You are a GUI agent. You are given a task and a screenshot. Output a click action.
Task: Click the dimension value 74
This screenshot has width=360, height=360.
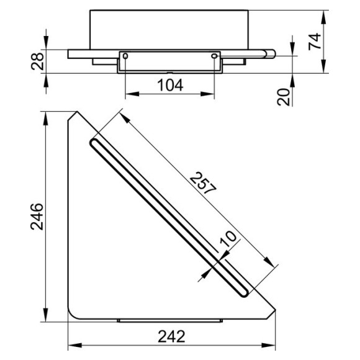[x=315, y=42]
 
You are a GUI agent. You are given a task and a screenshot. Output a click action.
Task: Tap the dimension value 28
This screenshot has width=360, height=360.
[x=37, y=61]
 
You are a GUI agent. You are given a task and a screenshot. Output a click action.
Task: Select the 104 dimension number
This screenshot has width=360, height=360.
[x=170, y=85]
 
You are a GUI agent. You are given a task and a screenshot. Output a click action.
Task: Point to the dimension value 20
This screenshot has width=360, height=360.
[x=283, y=97]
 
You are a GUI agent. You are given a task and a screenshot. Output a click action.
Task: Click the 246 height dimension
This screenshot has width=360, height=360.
[x=37, y=217]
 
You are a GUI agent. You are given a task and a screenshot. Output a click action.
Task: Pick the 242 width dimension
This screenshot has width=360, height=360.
[x=171, y=336]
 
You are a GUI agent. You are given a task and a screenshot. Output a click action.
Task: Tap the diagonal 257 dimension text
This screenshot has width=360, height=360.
[x=203, y=182]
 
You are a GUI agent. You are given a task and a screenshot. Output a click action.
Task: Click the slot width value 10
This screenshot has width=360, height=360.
[x=228, y=238]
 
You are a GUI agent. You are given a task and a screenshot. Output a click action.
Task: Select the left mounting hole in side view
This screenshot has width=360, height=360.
[x=125, y=56]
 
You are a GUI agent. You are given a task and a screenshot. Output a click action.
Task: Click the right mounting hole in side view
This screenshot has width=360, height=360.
[x=214, y=56]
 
